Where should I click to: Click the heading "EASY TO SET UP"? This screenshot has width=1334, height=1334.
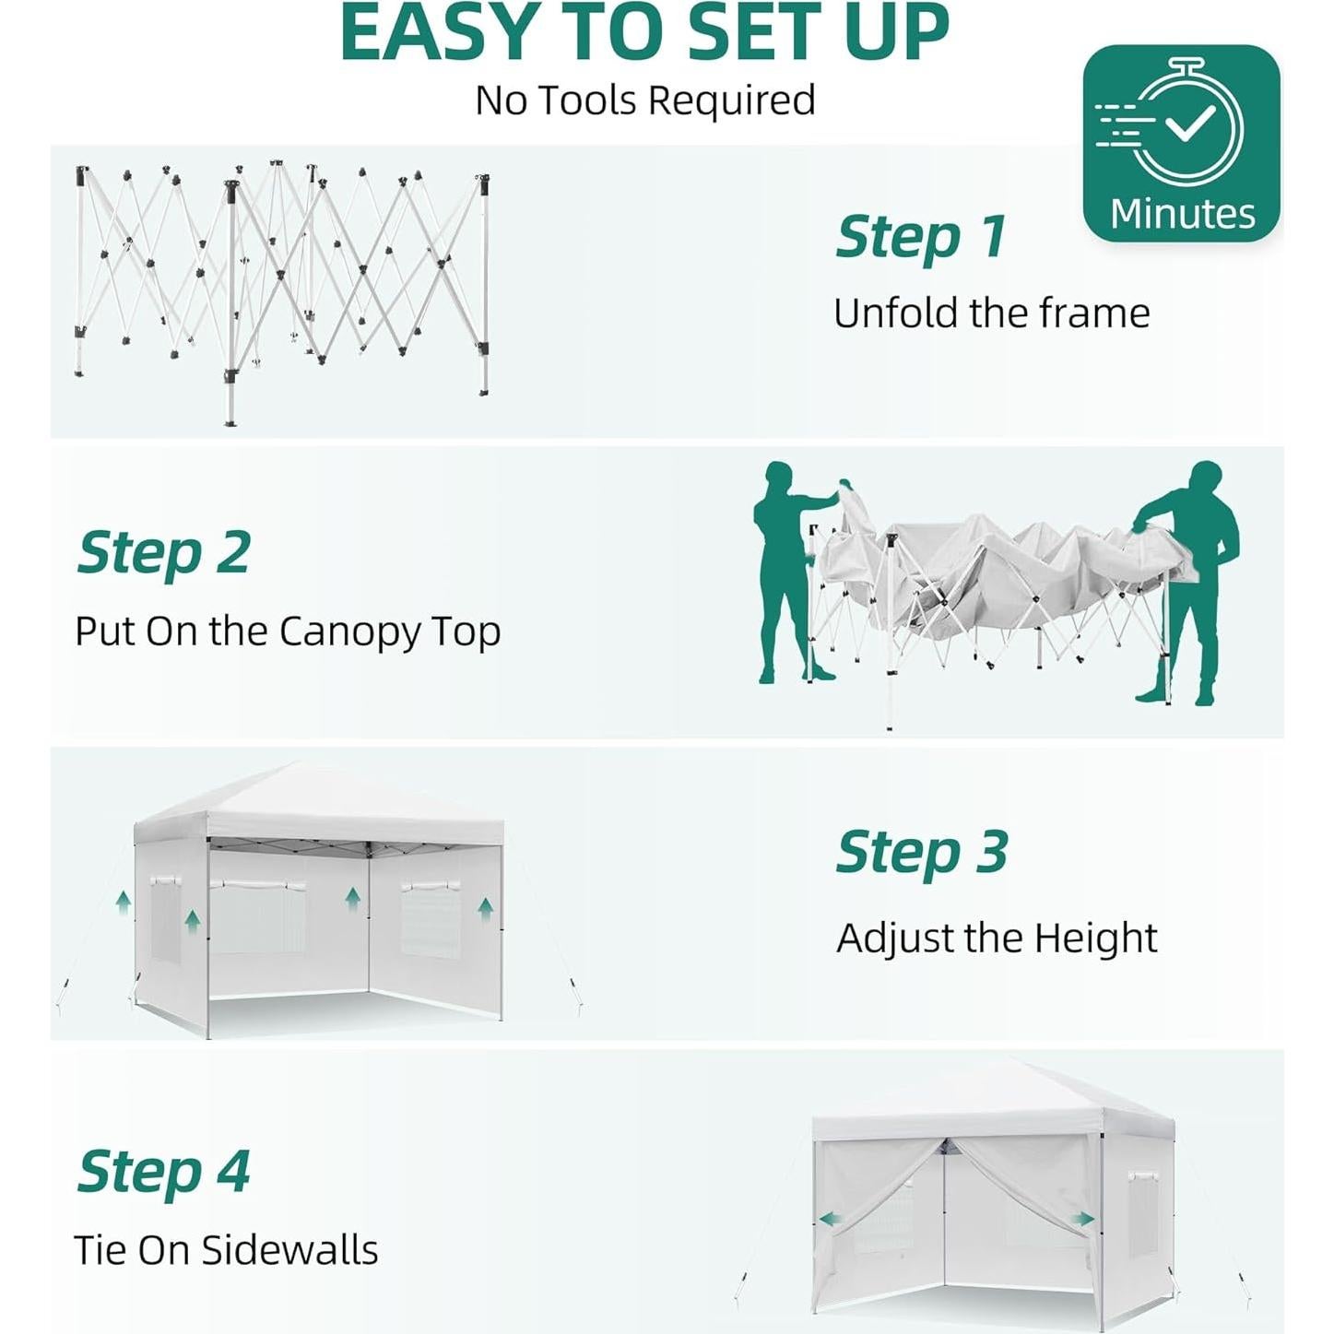(x=644, y=33)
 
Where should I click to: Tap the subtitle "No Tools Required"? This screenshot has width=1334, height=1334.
(x=644, y=100)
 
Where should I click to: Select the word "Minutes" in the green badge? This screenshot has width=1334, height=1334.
(x=1182, y=214)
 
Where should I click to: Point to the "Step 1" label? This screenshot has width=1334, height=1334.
(x=920, y=237)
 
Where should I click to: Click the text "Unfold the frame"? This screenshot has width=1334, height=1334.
(x=991, y=313)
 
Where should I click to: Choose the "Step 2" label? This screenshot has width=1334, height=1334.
(x=163, y=553)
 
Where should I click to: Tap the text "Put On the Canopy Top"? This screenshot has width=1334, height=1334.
(x=288, y=632)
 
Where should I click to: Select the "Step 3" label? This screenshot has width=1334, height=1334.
(x=921, y=852)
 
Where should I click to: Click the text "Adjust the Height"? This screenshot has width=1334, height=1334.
(x=996, y=939)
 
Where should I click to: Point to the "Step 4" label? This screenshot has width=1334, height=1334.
(x=163, y=1172)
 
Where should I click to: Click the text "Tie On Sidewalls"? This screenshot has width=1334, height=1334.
(x=226, y=1250)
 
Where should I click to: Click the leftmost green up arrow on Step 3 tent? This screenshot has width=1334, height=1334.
(x=123, y=901)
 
